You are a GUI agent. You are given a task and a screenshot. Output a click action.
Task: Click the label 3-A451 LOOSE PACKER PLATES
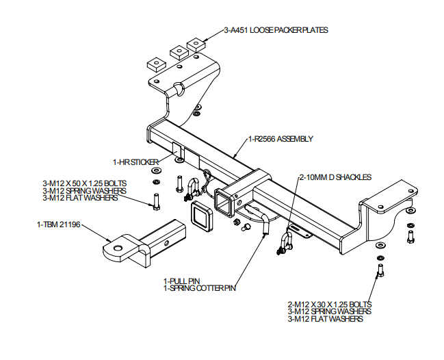(x=276, y=30)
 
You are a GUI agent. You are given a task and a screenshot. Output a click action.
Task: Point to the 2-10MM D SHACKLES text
(x=335, y=177)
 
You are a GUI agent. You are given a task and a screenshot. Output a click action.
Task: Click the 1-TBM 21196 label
(x=59, y=224)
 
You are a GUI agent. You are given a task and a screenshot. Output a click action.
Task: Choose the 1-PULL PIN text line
(x=181, y=281)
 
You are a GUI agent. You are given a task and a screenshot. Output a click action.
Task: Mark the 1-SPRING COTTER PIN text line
(x=199, y=288)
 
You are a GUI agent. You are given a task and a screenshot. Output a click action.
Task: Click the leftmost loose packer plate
(x=153, y=65)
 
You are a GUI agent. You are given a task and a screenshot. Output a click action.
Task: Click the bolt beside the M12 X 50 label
(x=156, y=203)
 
